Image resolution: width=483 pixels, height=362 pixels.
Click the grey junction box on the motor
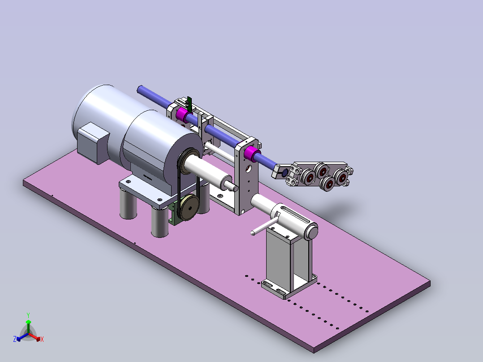[93, 143]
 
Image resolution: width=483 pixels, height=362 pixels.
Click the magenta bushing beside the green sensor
[183, 115]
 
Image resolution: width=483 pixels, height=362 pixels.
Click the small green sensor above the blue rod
[189, 103]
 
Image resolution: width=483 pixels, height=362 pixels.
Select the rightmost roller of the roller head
[341, 177]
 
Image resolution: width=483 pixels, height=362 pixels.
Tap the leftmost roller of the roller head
[308, 177]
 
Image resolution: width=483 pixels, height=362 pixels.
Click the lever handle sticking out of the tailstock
[265, 226]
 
